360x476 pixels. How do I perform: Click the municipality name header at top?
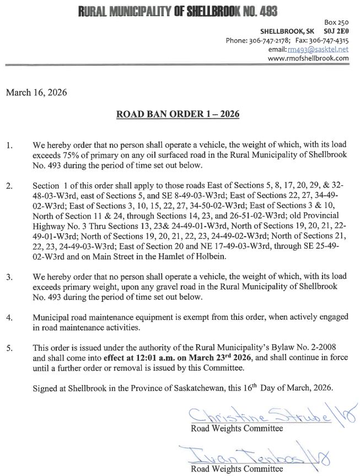click(x=178, y=10)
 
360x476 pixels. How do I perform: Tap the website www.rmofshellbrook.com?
click(x=308, y=58)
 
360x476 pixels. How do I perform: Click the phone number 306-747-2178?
click(x=270, y=41)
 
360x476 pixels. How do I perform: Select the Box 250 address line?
click(x=337, y=23)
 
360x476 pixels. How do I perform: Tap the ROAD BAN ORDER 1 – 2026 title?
click(x=178, y=115)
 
